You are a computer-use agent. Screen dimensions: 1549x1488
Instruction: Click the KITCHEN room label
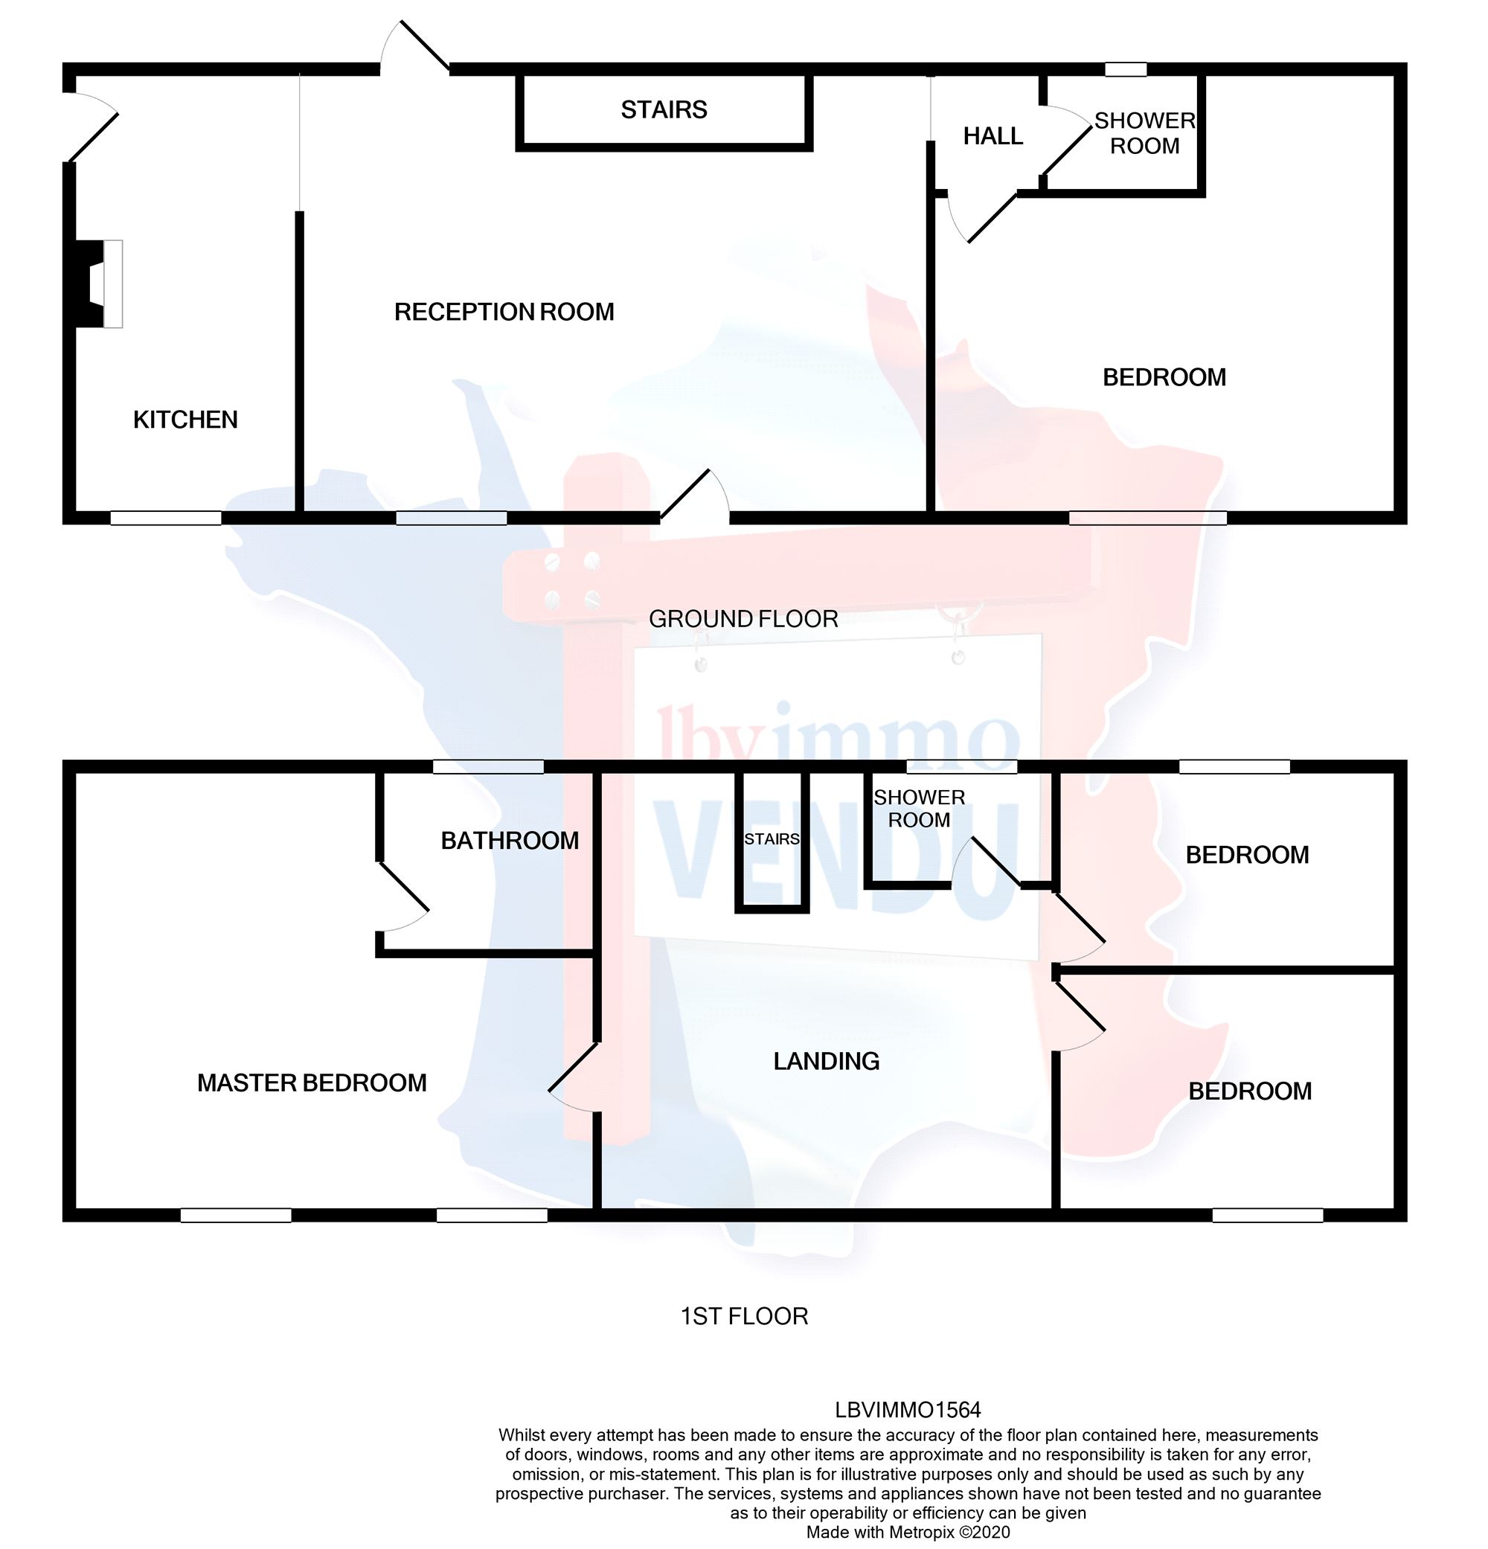[185, 420]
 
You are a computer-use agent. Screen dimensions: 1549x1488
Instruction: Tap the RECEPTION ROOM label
[504, 312]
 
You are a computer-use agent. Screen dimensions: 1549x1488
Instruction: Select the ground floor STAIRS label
[664, 110]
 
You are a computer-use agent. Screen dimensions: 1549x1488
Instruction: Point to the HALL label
[992, 137]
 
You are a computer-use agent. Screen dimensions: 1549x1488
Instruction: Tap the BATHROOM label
[510, 841]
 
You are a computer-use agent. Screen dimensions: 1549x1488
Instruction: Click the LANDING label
[826, 1062]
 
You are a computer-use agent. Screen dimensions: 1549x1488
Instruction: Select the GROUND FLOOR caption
[743, 619]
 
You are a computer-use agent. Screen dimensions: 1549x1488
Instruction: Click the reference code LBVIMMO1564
[908, 1410]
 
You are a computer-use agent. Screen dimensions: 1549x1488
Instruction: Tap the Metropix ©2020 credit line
[908, 1533]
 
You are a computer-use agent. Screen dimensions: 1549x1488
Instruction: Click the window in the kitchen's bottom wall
[165, 519]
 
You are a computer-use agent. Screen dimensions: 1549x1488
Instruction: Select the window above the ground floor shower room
[1125, 69]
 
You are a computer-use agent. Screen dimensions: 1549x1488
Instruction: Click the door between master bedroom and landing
[574, 1077]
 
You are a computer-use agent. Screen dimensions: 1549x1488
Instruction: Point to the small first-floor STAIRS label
[772, 839]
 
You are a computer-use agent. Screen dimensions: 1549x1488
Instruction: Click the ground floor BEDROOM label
[1164, 378]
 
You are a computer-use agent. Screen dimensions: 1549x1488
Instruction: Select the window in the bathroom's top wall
[488, 766]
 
